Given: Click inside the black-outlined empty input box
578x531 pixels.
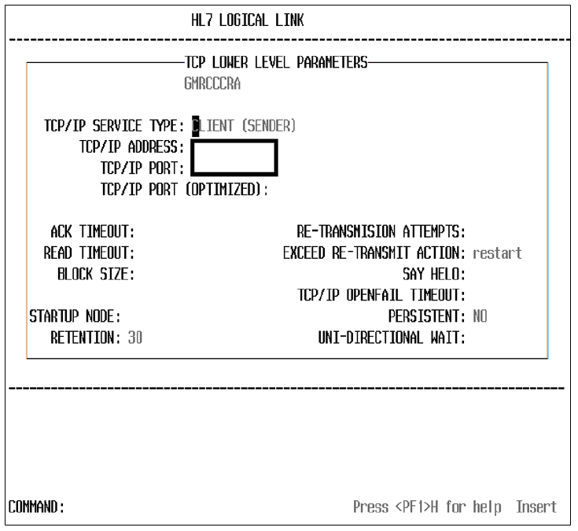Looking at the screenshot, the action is (234, 157).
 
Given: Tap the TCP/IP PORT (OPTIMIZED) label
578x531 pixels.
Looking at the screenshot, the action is (185, 190).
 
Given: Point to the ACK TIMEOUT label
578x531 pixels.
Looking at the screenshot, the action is (93, 232).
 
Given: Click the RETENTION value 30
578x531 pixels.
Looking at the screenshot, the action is (134, 338).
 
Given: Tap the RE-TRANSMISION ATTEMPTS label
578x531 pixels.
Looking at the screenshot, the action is (381, 232).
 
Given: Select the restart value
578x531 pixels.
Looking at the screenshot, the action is (497, 253).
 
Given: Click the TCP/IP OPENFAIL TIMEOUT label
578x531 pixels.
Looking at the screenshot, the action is (381, 296).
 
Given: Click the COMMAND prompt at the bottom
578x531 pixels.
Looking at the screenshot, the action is (36, 507).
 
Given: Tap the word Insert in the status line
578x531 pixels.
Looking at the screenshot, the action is (536, 507).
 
